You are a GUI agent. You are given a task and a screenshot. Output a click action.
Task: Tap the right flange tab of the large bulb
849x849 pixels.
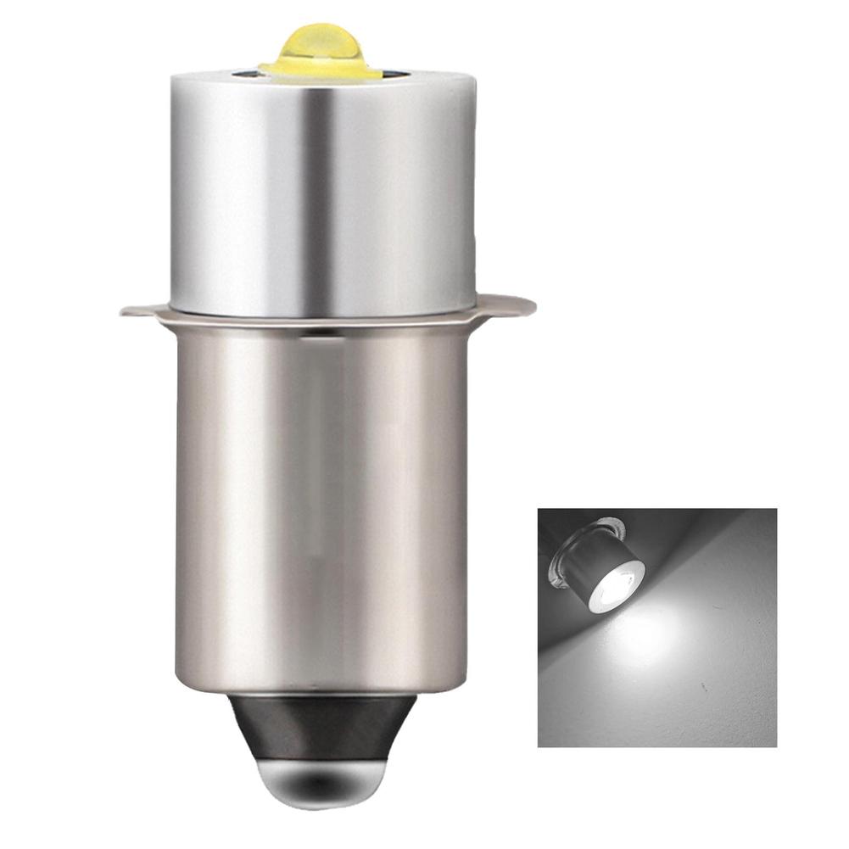[513, 304]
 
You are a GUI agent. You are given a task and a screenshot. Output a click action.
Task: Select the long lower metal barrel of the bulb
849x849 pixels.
[322, 509]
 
